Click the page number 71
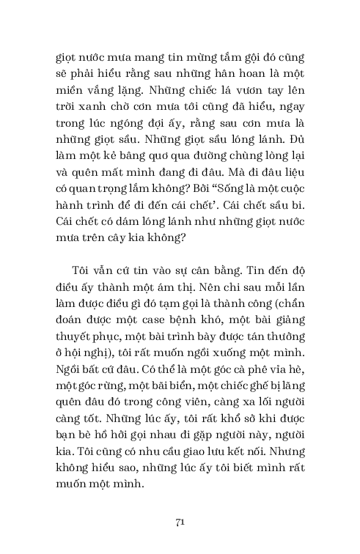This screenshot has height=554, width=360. click(180, 522)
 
